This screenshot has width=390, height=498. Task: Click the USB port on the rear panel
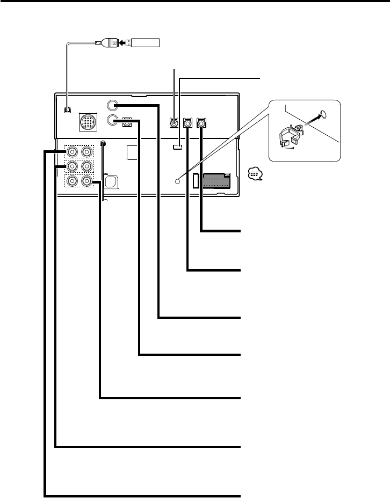pos(66,111)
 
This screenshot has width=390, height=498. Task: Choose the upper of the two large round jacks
pos(113,105)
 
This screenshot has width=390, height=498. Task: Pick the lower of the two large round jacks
pos(113,120)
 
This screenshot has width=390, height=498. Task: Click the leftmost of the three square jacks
pos(174,123)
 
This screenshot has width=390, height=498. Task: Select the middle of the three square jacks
pos(188,123)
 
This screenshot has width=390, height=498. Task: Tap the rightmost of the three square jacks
pos(201,123)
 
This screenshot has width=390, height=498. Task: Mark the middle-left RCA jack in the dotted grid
pos(72,167)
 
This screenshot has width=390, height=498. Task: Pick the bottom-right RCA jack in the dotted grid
pos(86,181)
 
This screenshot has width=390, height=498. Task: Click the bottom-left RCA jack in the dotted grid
pos(72,181)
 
